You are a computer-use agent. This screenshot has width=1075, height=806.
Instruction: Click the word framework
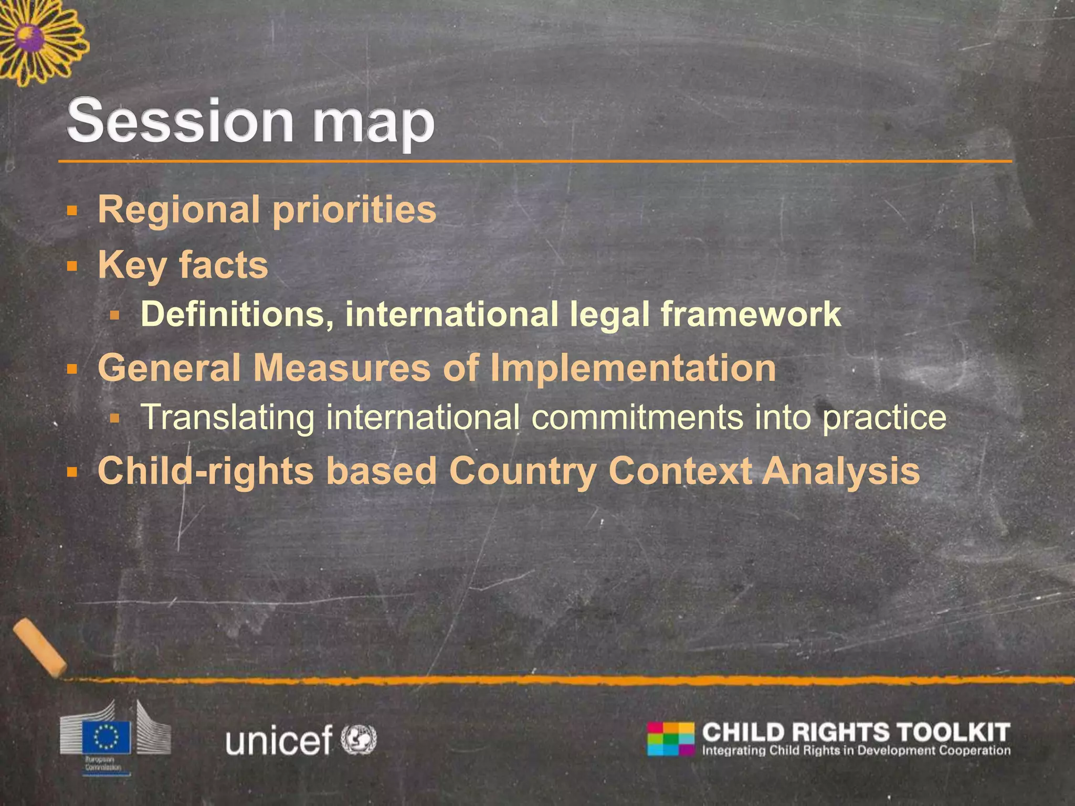point(751,314)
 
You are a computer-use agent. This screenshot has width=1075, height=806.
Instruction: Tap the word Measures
point(342,368)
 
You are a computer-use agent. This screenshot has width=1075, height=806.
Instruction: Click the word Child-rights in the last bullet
point(206,471)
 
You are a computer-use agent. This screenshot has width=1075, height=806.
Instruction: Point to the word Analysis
point(841,472)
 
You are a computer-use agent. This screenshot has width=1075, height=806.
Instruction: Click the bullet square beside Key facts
point(72,267)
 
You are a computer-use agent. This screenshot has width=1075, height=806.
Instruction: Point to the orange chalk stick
point(40,647)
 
